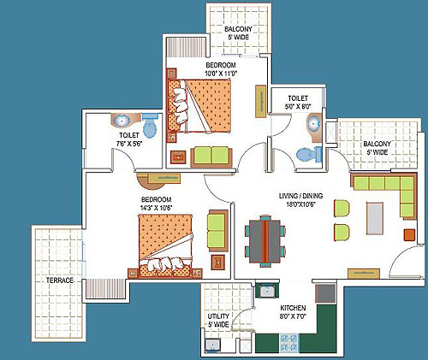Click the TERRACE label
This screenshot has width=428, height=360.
pos(60,280)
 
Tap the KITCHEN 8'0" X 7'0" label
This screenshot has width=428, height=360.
pos(293,312)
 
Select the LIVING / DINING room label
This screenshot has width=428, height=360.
pos(301,196)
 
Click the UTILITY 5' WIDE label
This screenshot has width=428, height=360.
pos(218,321)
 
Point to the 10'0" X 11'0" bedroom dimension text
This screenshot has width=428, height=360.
pos(221,74)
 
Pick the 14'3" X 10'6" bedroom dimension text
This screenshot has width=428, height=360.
pos(157,208)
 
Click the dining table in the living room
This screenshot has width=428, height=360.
pos(265,241)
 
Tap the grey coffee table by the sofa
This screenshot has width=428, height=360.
pos(375,218)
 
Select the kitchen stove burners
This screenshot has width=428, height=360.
pos(288,343)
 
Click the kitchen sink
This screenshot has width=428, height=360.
pos(267,292)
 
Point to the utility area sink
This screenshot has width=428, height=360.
pos(212,345)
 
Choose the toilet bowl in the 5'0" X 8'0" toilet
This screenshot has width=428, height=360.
pos(309,155)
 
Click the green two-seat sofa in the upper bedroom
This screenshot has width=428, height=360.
pos(211,156)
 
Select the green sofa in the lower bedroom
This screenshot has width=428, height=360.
pos(217,231)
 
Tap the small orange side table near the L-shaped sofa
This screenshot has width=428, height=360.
pos(409,234)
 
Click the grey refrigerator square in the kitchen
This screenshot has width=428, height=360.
pos(325,293)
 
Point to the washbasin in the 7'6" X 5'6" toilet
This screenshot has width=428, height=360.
pos(122,121)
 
